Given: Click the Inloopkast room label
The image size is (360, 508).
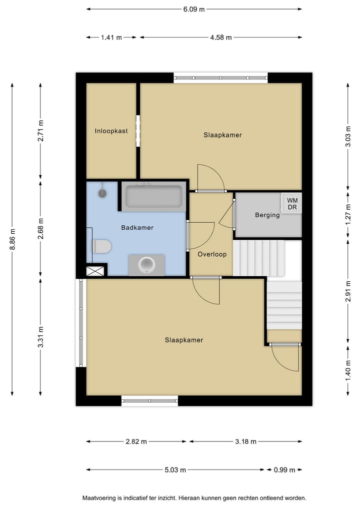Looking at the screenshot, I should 111,131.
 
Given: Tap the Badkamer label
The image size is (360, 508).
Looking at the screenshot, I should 137,228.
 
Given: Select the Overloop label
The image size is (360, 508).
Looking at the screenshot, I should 212,254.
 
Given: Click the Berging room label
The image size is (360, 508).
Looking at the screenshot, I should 267,215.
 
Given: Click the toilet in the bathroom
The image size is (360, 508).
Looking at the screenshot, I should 101,246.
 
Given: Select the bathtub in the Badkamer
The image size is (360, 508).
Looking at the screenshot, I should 153,196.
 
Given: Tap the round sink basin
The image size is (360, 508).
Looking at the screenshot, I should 147,263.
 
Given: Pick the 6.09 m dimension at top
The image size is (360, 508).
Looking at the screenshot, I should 194,9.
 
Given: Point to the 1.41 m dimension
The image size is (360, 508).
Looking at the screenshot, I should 111,37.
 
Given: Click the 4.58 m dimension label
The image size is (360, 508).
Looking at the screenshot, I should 220,37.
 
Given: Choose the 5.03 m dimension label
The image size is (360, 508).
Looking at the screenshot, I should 175,470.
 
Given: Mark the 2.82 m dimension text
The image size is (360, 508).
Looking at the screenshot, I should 136,442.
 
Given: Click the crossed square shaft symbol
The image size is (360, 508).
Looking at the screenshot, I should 96,271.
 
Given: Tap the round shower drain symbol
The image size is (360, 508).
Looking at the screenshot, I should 103,192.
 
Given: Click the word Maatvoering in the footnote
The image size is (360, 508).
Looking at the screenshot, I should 100,498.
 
